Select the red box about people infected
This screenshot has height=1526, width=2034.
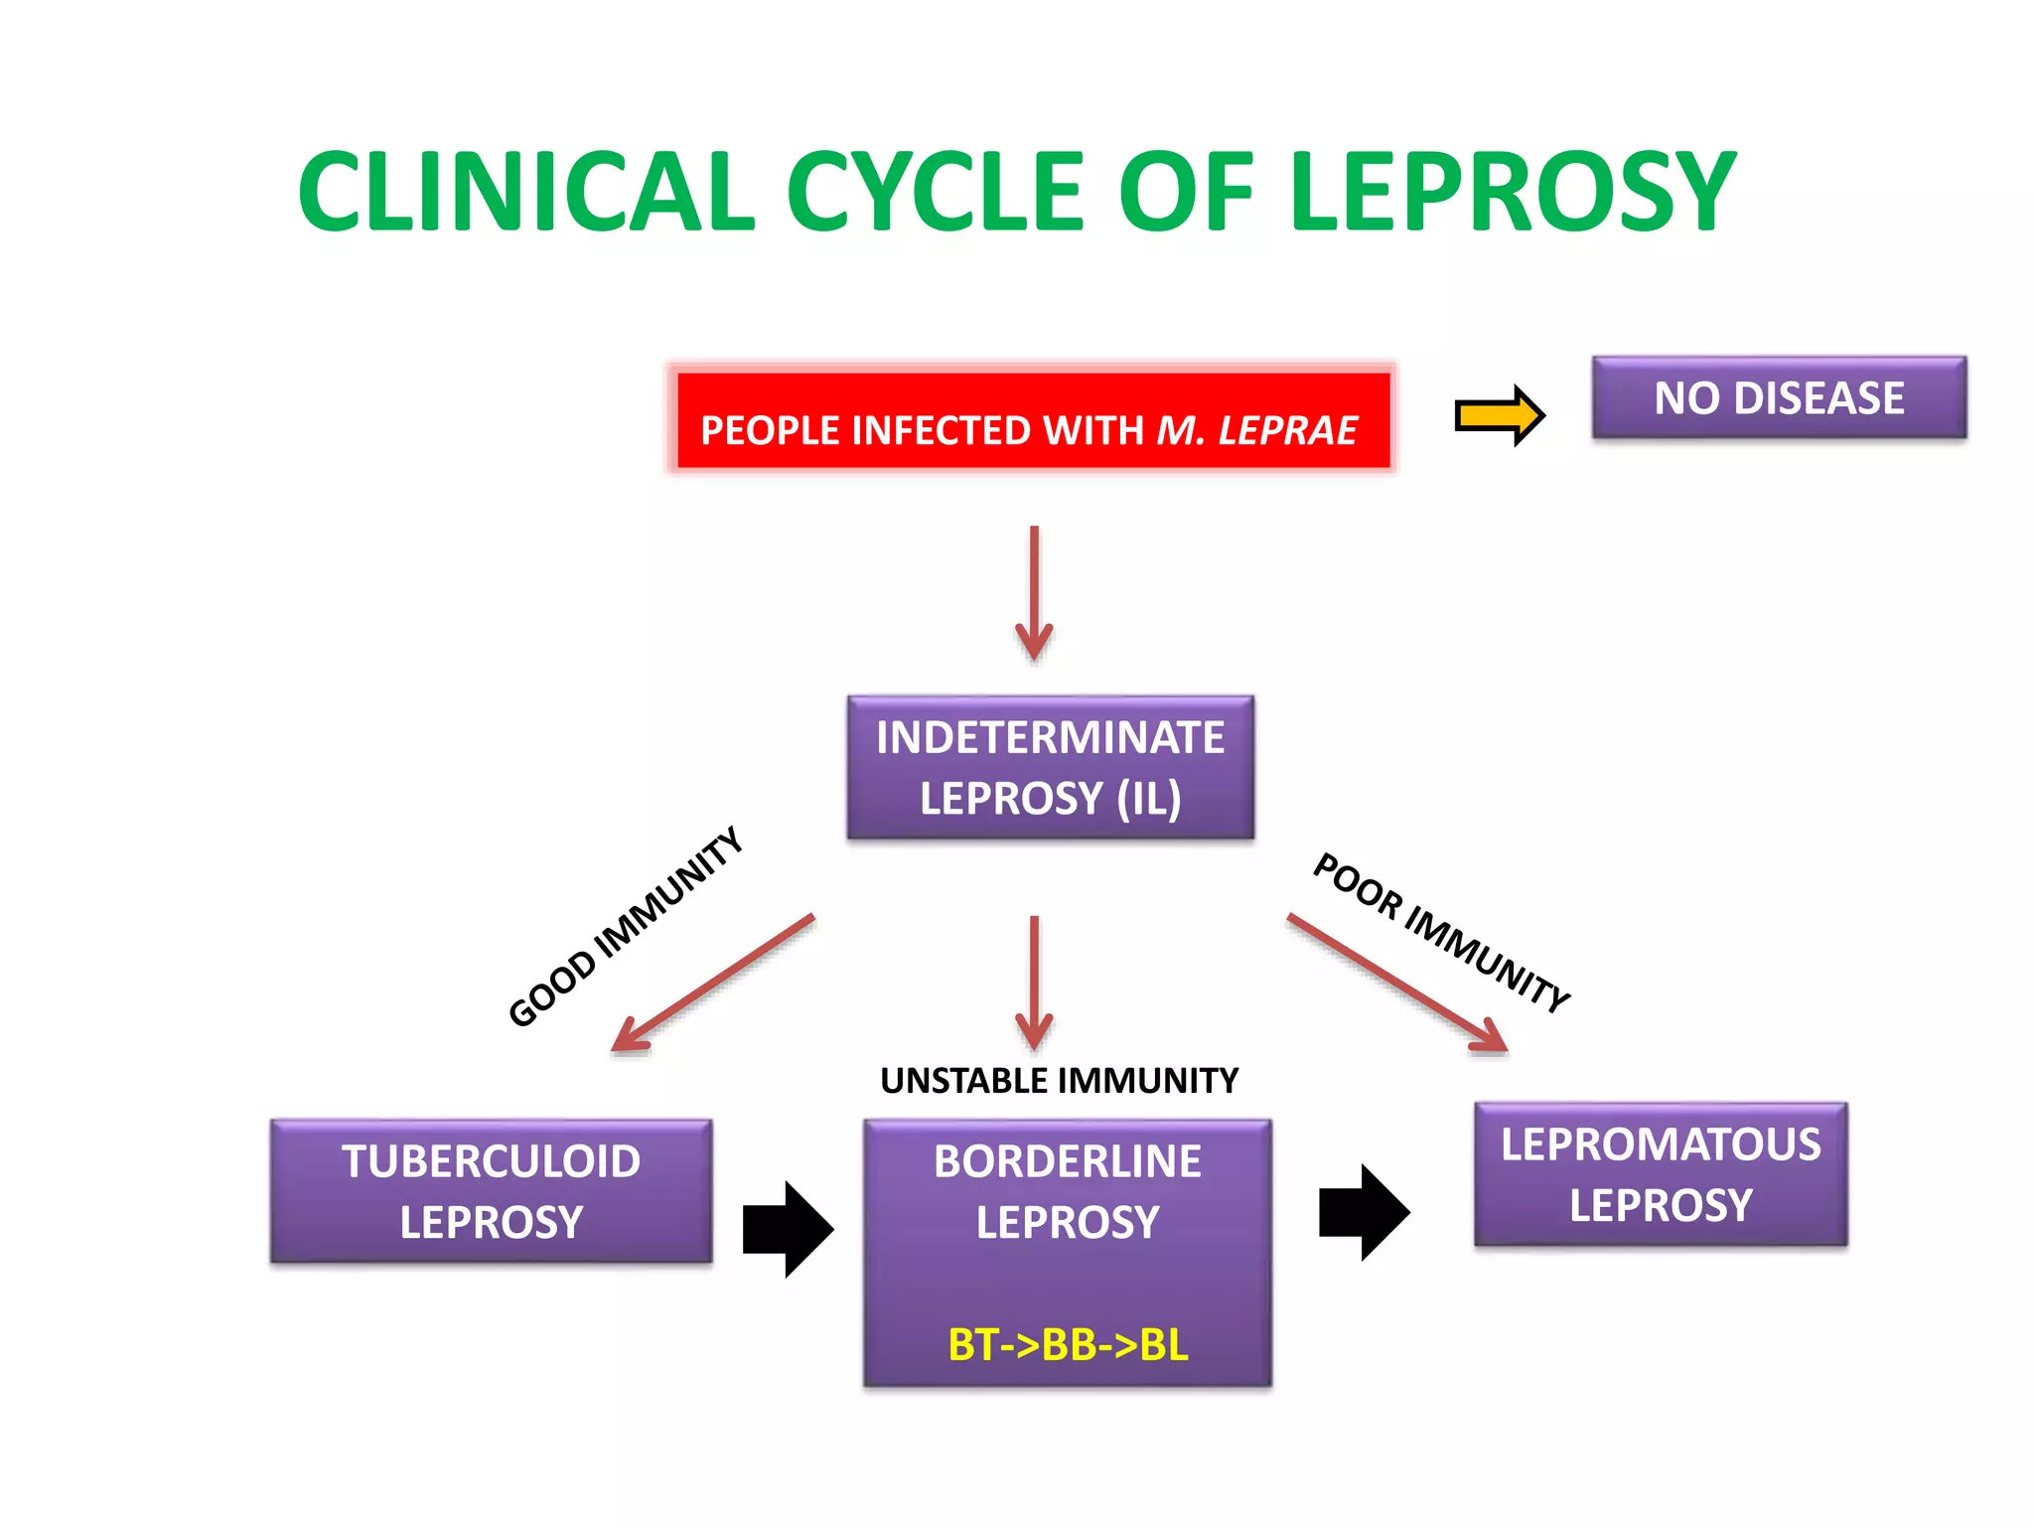click(x=1033, y=418)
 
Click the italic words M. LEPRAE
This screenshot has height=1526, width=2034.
click(x=1256, y=431)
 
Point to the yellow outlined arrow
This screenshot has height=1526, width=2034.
click(x=1499, y=415)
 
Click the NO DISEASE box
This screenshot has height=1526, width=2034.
click(x=1778, y=397)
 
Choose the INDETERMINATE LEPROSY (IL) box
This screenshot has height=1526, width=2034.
click(x=1050, y=767)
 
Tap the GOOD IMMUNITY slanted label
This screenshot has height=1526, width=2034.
click(x=626, y=926)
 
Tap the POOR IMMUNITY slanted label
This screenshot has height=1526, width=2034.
click(x=1441, y=931)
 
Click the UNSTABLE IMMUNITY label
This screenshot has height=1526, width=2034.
click(x=1059, y=1080)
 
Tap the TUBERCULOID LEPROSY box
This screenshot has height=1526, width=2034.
click(x=491, y=1191)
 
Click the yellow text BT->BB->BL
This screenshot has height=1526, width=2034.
click(x=1068, y=1344)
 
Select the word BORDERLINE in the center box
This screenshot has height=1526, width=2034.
click(x=1068, y=1161)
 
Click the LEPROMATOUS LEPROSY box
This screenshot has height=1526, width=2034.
click(x=1660, y=1173)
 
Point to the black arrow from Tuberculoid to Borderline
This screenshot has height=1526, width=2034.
click(x=788, y=1229)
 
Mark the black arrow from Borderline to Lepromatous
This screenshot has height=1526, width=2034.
click(x=1364, y=1212)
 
